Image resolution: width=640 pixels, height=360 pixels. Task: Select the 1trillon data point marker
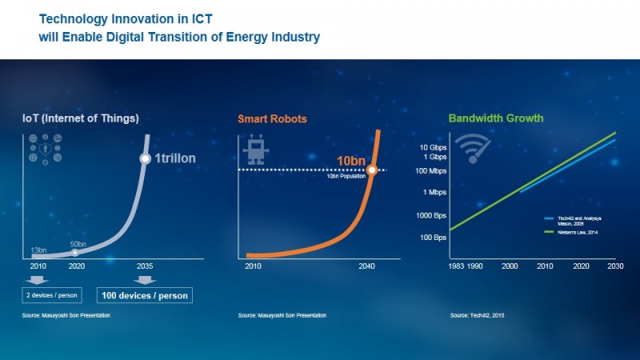[145, 158]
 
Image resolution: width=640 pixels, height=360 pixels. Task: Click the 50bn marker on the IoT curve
[75, 252]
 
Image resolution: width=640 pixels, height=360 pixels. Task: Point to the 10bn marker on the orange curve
[372, 170]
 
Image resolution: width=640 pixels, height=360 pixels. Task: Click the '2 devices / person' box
[52, 294]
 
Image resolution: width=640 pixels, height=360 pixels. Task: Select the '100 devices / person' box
[145, 294]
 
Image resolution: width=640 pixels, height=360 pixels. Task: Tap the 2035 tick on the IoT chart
[145, 266]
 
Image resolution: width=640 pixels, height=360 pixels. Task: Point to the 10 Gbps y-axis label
[431, 148]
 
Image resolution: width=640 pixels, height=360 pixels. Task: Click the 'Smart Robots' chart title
[272, 119]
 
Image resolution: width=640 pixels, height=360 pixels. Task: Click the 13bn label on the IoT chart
[38, 250]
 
